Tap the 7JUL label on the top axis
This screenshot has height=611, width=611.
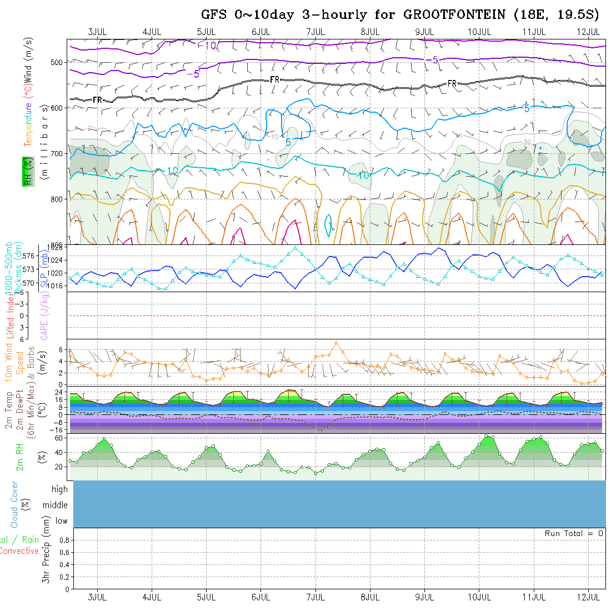pos(315,32)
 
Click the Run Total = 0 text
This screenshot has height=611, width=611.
pos(574,533)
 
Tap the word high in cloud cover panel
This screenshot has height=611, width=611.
pos(59,489)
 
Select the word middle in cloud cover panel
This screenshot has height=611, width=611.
pos(55,505)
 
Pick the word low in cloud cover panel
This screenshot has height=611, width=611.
pos(61,521)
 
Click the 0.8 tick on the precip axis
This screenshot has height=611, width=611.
pos(63,540)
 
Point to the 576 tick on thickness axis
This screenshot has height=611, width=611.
pos(29,256)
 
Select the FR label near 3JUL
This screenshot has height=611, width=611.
pos(98,100)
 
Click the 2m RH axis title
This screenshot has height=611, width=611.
pos(20,457)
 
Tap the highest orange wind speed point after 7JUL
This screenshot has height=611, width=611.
pos(337,343)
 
